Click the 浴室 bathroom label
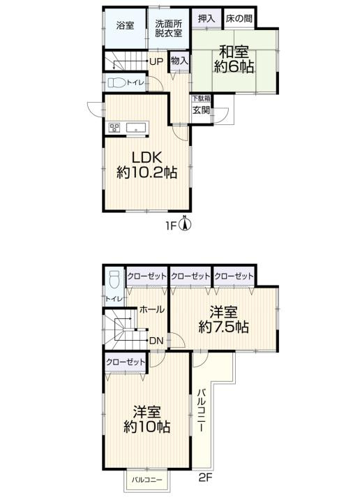[x=125, y=25]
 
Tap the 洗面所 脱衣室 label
[x=169, y=28]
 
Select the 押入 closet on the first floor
[x=207, y=18]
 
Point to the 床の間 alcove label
[x=239, y=18]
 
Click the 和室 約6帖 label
[x=234, y=59]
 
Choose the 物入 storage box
[x=179, y=61]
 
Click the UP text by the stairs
[x=156, y=61]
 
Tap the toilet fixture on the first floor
[x=117, y=83]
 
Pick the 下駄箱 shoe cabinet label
[x=201, y=98]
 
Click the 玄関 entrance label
[x=201, y=110]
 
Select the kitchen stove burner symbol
[x=114, y=128]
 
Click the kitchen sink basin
[x=137, y=128]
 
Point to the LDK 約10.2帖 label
[x=147, y=165]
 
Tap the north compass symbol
[x=185, y=223]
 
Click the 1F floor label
[x=171, y=226]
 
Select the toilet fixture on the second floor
[x=114, y=279]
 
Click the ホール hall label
[x=152, y=309]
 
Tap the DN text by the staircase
[x=156, y=341]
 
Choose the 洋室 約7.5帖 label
[x=223, y=320]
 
